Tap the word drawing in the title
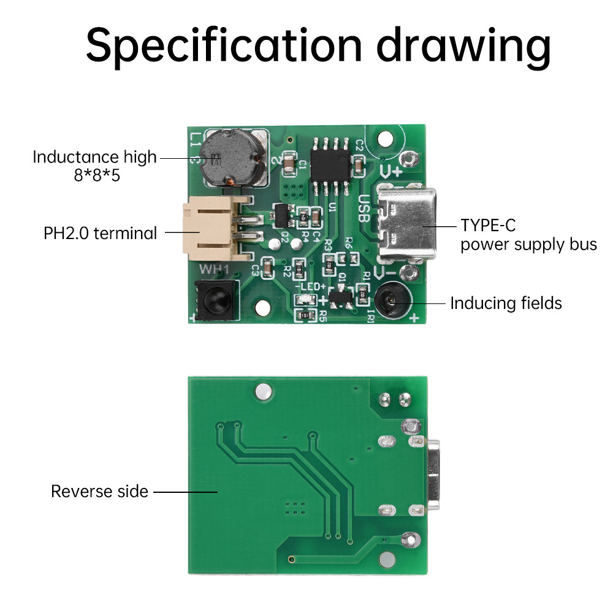click(x=463, y=44)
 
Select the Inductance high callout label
click(x=94, y=158)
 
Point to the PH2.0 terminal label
click(x=100, y=233)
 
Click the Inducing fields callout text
click(x=506, y=303)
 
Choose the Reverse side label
click(x=99, y=491)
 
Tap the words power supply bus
click(x=528, y=245)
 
